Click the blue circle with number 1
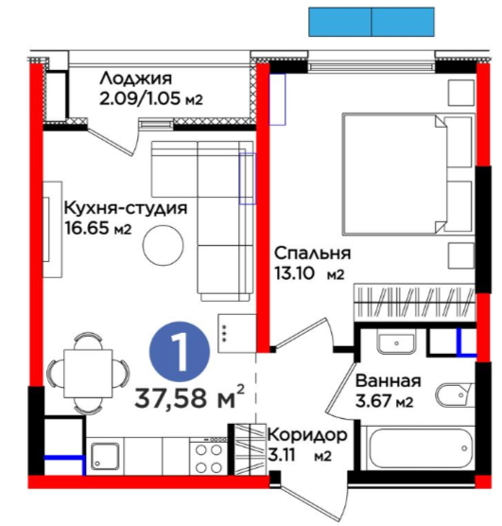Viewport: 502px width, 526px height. click(180, 352)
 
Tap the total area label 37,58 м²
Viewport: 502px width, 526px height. click(189, 397)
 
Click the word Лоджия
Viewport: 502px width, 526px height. click(136, 79)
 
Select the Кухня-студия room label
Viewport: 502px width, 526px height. click(126, 208)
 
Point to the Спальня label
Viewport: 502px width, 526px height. click(313, 254)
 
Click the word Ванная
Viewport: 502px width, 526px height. click(388, 381)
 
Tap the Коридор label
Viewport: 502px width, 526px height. click(307, 436)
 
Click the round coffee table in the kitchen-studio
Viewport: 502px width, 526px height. click(163, 245)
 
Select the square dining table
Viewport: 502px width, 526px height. click(88, 373)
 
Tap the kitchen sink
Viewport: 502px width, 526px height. click(105, 456)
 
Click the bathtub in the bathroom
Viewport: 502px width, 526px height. click(420, 447)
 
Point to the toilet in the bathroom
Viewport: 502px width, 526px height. click(455, 395)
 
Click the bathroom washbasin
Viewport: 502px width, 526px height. click(397, 342)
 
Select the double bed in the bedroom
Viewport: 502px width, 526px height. click(408, 174)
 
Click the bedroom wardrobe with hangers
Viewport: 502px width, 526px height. click(415, 302)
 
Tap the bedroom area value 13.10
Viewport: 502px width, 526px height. click(295, 273)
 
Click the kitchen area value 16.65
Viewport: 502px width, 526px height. click(87, 228)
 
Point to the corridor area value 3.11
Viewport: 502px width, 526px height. click(282, 455)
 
